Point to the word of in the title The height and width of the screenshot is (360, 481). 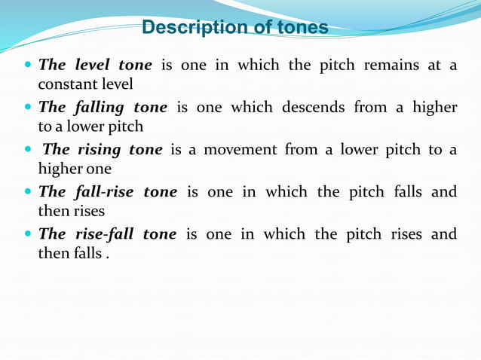[x=259, y=28]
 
